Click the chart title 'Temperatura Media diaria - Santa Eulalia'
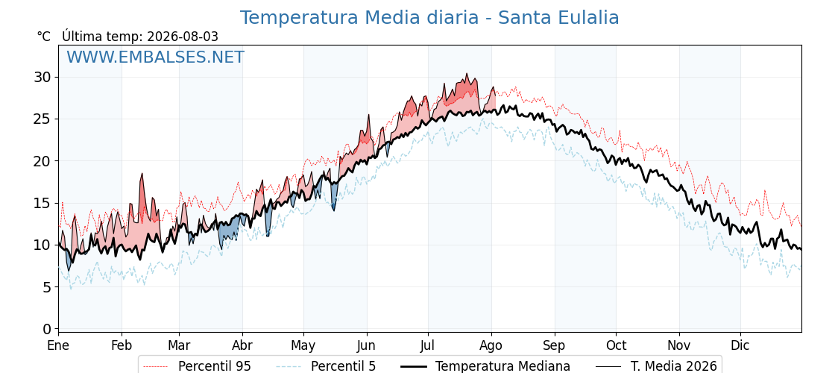(x=429, y=18)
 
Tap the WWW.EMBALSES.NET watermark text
(x=156, y=57)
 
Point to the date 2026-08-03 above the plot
(x=183, y=37)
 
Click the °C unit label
(x=44, y=37)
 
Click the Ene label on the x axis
(x=58, y=345)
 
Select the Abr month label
(x=242, y=345)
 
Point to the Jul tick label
(x=428, y=345)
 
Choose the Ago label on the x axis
(x=491, y=346)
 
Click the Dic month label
(x=740, y=345)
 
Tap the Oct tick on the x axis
(x=616, y=345)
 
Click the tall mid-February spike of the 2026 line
(x=142, y=174)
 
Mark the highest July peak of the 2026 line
(x=467, y=74)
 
